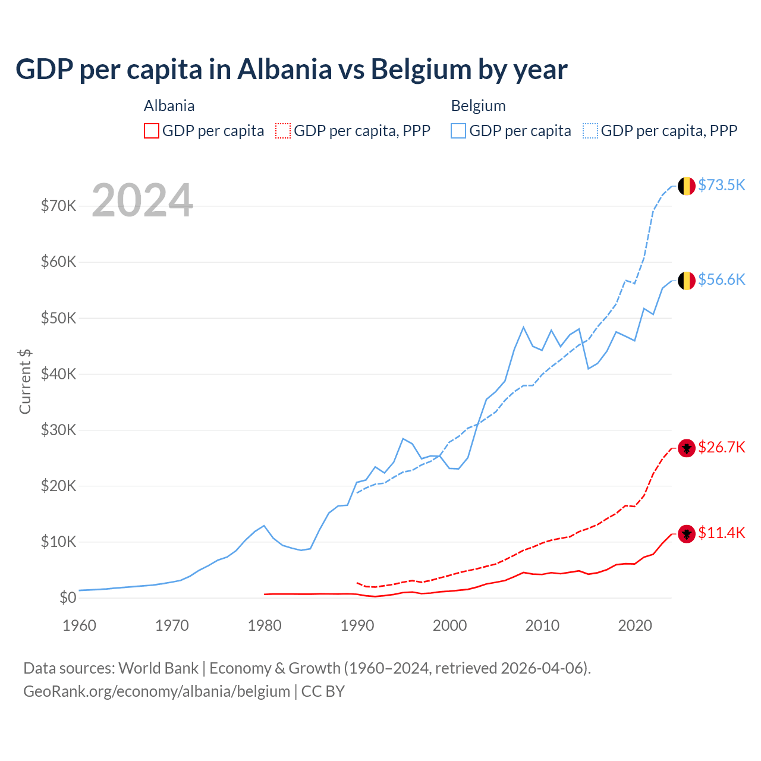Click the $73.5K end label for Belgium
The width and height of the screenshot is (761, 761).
point(721,185)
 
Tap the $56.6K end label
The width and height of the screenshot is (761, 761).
point(721,279)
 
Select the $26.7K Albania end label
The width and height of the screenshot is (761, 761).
point(721,447)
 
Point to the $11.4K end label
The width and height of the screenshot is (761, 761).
point(721,533)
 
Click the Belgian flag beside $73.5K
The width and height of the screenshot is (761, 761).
point(687,186)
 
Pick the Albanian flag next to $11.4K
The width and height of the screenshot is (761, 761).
point(687,534)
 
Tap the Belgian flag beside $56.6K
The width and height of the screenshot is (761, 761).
point(687,281)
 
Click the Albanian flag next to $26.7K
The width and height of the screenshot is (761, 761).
point(687,448)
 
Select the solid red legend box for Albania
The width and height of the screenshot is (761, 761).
point(152,131)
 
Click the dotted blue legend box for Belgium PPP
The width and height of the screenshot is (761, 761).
point(590,131)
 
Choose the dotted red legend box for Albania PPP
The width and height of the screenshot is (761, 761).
point(283,131)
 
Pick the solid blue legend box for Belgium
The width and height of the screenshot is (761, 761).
point(458,131)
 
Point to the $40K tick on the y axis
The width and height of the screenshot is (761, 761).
point(58,374)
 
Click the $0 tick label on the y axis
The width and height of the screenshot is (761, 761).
point(68,598)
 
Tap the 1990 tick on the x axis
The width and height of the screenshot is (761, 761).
point(357,625)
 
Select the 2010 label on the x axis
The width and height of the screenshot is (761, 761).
point(542,625)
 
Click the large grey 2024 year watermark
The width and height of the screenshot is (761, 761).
point(143,200)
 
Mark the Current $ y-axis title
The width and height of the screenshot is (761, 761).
point(25,381)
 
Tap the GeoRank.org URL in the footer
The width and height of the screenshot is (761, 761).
point(156,691)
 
